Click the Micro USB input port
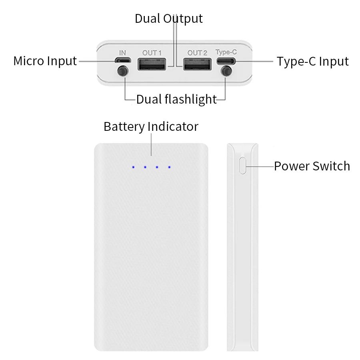tap(123, 61)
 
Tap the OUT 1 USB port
tap(152, 64)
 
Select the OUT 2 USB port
tap(197, 64)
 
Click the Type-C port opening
tap(226, 61)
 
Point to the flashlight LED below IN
tap(123, 72)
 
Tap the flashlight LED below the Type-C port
tap(227, 72)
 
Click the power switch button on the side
tap(242, 166)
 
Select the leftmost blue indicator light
tap(133, 167)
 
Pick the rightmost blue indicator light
tap(169, 167)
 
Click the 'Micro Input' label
tap(45, 61)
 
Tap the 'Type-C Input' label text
tap(312, 62)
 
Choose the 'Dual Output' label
tap(168, 18)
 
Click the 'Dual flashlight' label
tap(176, 99)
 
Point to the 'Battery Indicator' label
tap(151, 126)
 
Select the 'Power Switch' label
tap(312, 166)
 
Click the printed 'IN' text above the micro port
tap(122, 52)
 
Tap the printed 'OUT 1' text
tap(152, 52)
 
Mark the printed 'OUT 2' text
tap(197, 52)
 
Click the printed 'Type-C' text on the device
tap(226, 52)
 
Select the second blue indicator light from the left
tap(145, 167)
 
